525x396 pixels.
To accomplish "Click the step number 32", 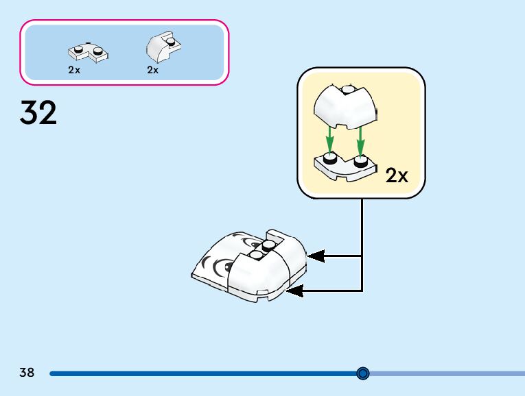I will (38, 113).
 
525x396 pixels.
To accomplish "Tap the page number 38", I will (27, 373).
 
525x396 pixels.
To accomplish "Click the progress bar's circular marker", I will (363, 373).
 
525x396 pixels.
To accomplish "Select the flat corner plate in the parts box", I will (86, 51).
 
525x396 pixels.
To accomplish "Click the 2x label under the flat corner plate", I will (74, 70).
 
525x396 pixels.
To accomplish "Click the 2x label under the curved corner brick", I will (152, 70).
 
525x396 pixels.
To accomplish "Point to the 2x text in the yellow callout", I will (397, 176).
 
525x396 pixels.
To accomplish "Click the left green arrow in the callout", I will (329, 141).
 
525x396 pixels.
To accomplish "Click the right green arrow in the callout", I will (360, 141).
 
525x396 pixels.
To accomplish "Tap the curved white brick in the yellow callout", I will (345, 107).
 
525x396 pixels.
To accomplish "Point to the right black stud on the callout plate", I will (360, 163).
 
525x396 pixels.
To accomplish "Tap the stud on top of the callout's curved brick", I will (349, 90).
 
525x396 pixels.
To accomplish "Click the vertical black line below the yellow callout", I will (362, 233).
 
